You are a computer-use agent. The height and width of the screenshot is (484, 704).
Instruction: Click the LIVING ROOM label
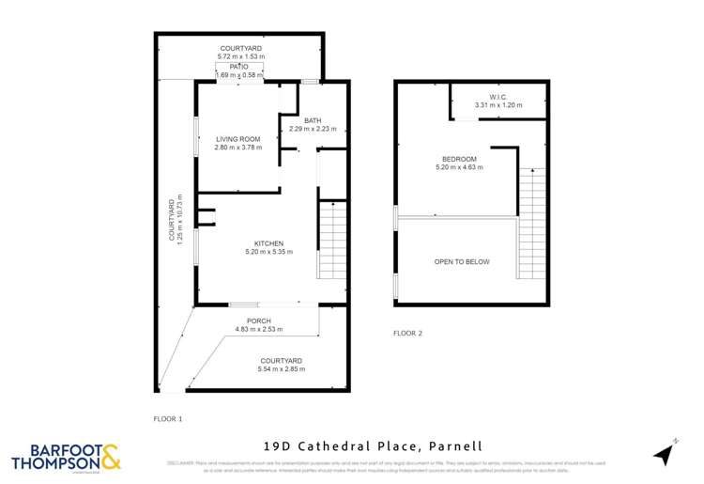click(x=237, y=139)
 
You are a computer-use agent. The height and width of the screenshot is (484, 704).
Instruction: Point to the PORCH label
click(x=260, y=320)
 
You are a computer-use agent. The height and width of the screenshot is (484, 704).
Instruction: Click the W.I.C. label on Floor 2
click(x=497, y=97)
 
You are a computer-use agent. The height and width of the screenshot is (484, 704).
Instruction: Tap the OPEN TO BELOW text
click(x=461, y=262)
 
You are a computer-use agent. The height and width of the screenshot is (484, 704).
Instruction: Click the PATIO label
click(x=238, y=67)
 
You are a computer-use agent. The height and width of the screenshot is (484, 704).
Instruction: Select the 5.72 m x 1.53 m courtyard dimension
click(x=242, y=57)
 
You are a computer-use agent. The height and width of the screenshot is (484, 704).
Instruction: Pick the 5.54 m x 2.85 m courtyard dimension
click(x=282, y=369)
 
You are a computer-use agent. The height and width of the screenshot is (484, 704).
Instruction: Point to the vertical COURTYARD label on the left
click(x=171, y=220)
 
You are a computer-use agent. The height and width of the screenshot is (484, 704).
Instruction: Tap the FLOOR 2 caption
click(x=408, y=334)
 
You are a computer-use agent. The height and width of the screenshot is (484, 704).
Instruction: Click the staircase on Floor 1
click(x=332, y=240)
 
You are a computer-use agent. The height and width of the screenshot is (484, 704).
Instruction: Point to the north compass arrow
click(x=664, y=455)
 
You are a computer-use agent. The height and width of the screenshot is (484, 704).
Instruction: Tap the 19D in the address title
click(x=279, y=446)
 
